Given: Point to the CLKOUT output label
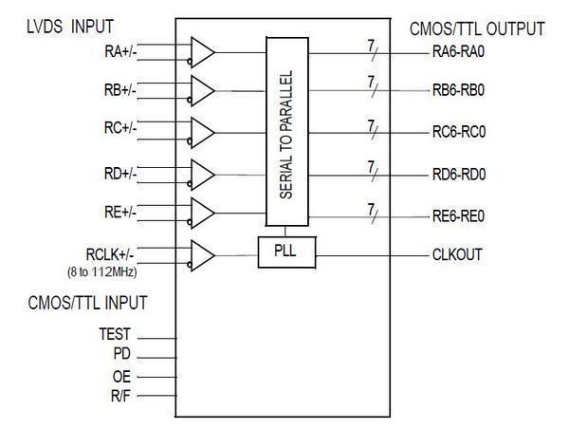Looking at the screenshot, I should pos(459,254).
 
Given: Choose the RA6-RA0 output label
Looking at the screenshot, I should pos(460,53).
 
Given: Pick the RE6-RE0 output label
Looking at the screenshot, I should pos(459,216).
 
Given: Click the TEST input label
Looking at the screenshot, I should pos(115,335).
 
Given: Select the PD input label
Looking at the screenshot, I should pos(121,354).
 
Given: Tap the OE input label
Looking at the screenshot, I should pos(121,376).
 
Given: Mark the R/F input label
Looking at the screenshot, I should pos(119,395).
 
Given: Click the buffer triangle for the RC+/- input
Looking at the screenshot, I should pos(202,132).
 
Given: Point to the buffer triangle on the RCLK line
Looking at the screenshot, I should pos(202,254).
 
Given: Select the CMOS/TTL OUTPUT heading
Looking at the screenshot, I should pos(478,29).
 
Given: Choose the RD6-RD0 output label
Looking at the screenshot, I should pos(460,174).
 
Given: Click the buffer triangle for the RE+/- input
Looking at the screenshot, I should pos(202,214).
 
